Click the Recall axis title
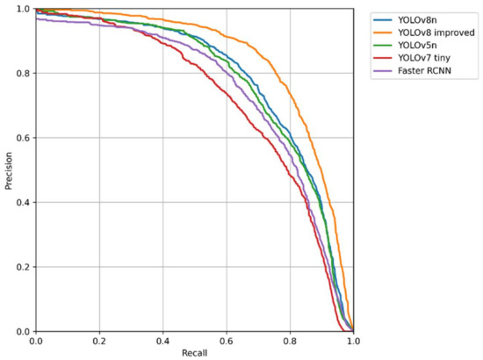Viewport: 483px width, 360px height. [x=193, y=352]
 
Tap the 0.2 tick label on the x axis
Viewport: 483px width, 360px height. [x=99, y=340]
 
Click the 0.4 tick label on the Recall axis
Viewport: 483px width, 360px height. [x=162, y=340]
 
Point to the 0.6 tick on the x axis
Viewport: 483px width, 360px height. [x=227, y=340]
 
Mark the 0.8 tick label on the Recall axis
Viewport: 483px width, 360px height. [x=290, y=340]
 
